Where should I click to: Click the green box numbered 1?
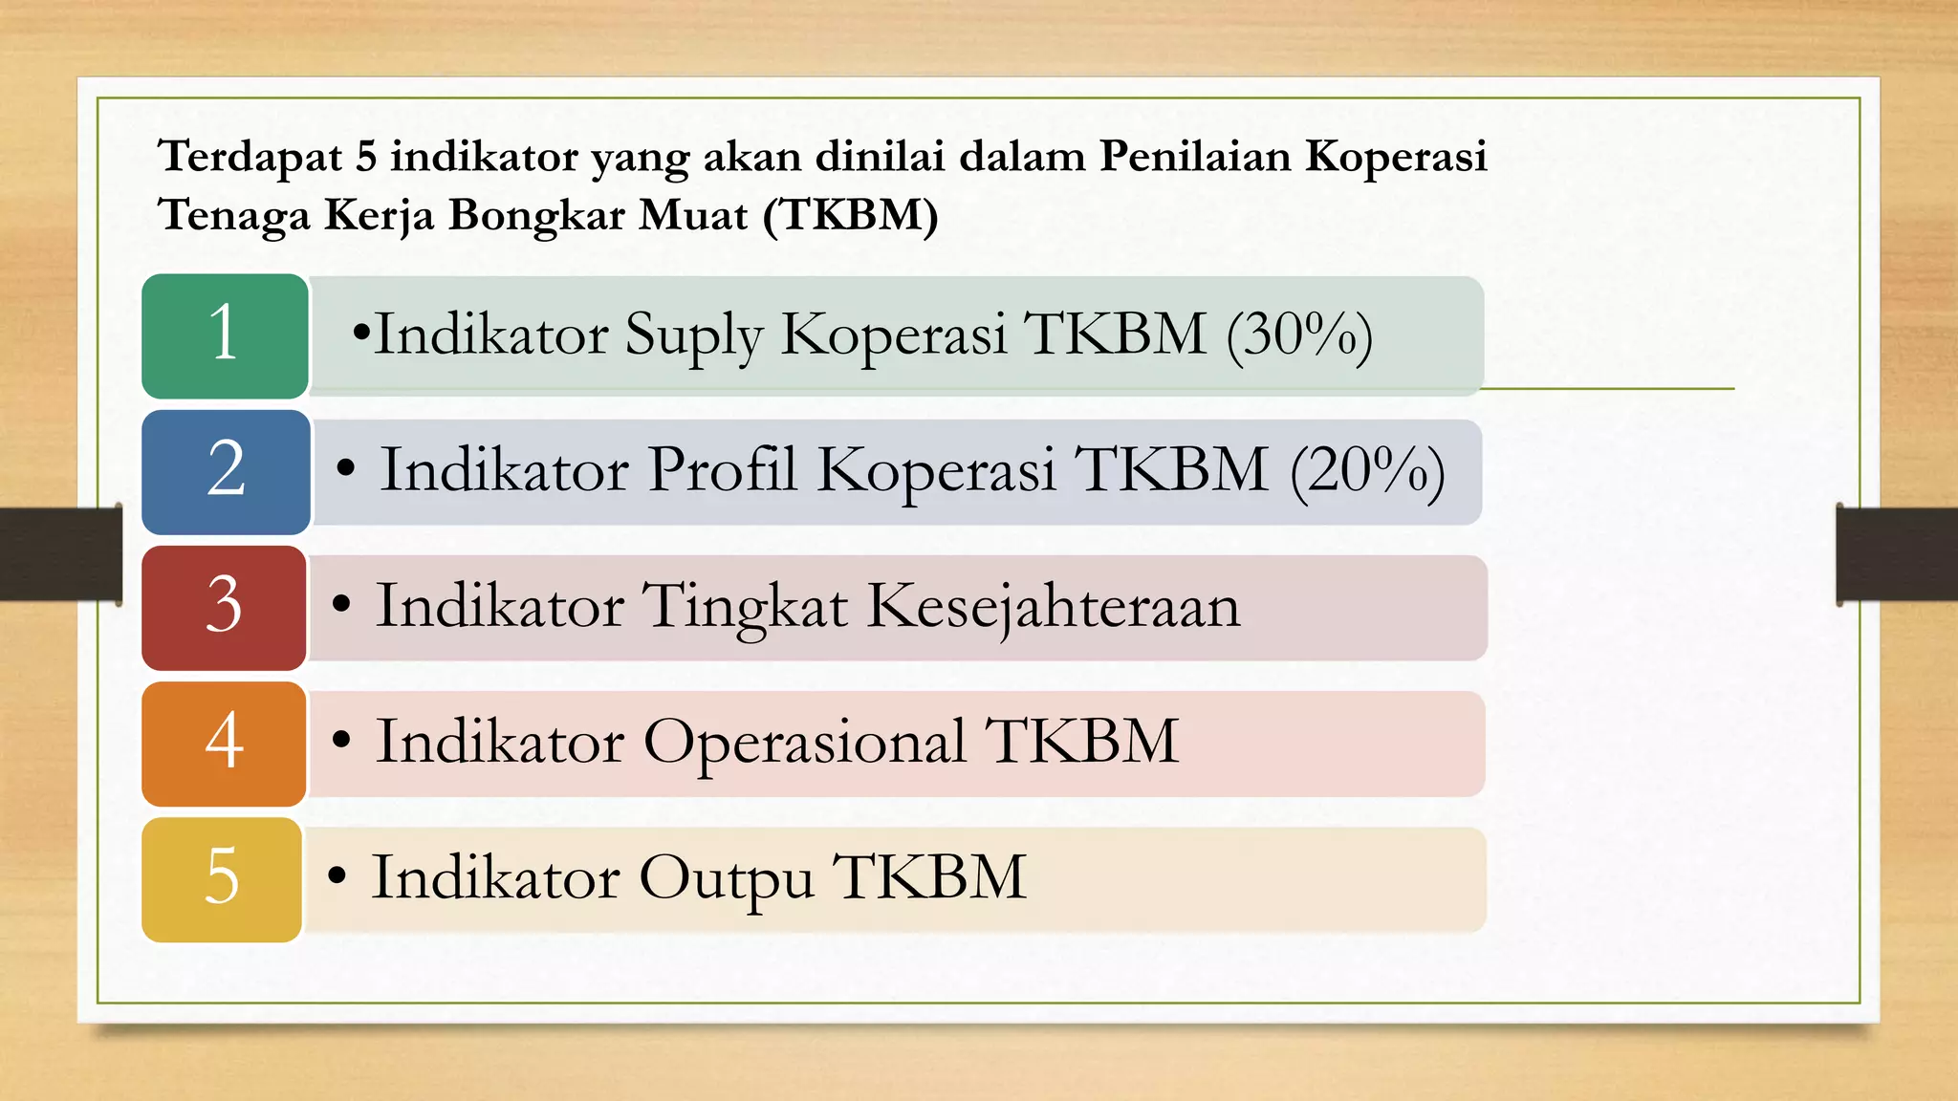pyautogui.click(x=225, y=335)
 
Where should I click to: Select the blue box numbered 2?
pyautogui.click(x=226, y=472)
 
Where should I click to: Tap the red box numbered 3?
pyautogui.click(x=224, y=608)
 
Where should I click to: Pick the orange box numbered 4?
pyautogui.click(x=224, y=744)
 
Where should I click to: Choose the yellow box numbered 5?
pyautogui.click(x=222, y=879)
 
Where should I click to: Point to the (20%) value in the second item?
pyautogui.click(x=1367, y=471)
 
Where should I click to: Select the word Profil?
pyautogui.click(x=723, y=471)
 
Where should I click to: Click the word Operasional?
pyautogui.click(x=804, y=743)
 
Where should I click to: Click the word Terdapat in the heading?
pyautogui.click(x=250, y=157)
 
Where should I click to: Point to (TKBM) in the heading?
pyautogui.click(x=851, y=215)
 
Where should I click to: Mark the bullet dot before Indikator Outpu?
pyautogui.click(x=336, y=874)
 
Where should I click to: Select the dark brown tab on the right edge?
pyautogui.click(x=1897, y=554)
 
